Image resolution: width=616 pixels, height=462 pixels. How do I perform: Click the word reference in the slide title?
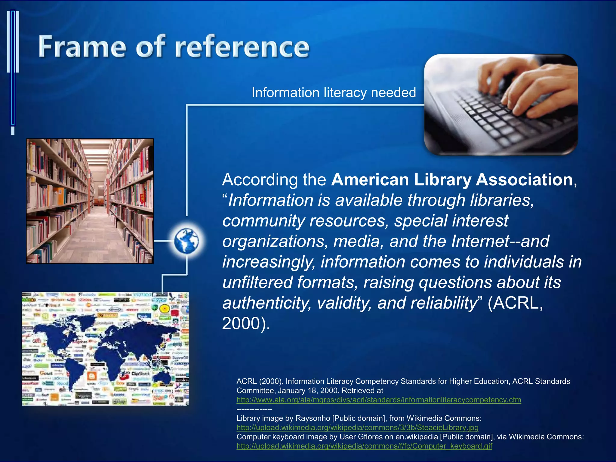tap(242, 46)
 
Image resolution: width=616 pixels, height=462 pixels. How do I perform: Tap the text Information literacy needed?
tap(334, 92)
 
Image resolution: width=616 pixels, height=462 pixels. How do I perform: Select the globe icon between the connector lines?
tap(186, 241)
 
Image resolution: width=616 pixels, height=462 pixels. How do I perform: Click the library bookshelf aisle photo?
tap(90, 201)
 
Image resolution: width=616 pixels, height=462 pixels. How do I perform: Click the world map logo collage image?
tap(105, 349)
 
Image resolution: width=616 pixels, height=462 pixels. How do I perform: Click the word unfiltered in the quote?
tap(257, 282)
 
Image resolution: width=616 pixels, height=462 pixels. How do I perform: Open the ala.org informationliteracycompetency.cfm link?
tap(379, 400)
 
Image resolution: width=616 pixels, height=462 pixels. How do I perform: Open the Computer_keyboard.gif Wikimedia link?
tap(364, 446)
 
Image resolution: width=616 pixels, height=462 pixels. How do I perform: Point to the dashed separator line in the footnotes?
tap(254, 409)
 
